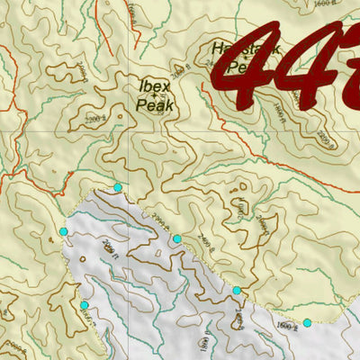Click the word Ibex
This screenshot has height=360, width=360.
[156, 85]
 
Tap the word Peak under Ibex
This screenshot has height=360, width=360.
[155, 104]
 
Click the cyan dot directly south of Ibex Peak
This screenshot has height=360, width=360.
[117, 187]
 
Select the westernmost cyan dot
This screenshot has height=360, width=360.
[63, 233]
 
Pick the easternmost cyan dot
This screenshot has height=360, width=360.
[307, 323]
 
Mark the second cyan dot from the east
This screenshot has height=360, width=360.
[237, 291]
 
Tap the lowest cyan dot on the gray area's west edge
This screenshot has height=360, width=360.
[84, 305]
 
